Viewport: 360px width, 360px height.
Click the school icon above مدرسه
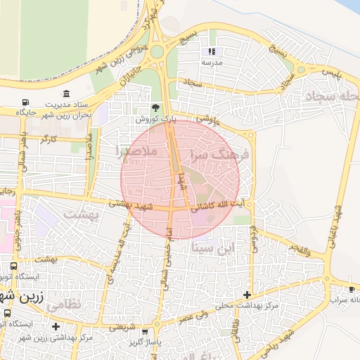[212, 51]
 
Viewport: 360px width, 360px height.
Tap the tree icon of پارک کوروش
[155, 108]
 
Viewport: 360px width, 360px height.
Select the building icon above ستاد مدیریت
[66, 94]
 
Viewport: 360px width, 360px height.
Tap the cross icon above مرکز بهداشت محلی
[246, 295]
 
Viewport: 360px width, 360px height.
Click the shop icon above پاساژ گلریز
[145, 332]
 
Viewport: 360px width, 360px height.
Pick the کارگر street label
[48, 140]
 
